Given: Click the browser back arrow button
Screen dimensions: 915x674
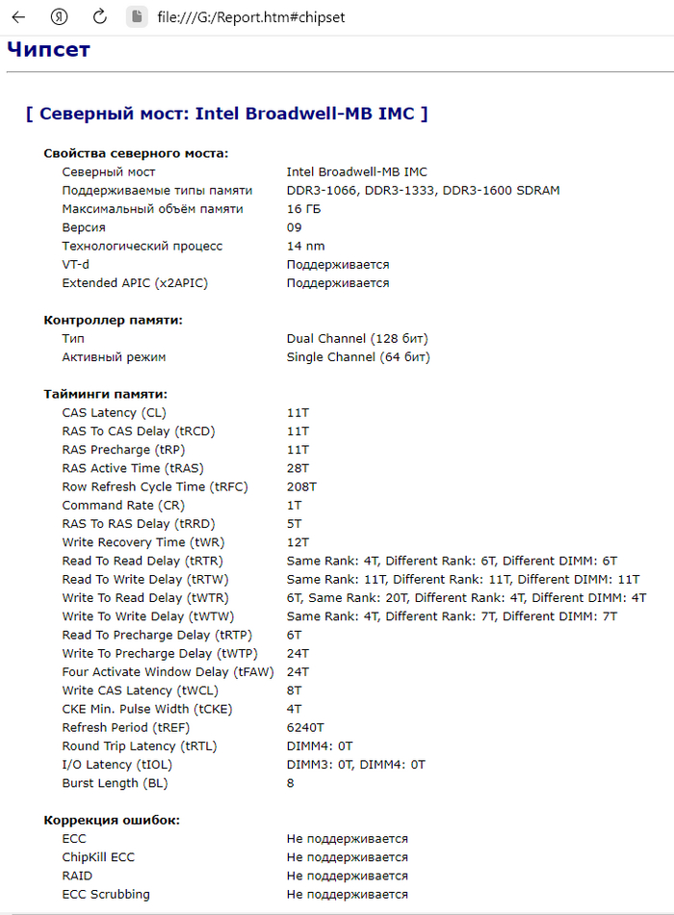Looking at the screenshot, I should pyautogui.click(x=18, y=17).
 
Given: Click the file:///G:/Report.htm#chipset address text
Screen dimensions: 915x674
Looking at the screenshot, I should pyautogui.click(x=250, y=17).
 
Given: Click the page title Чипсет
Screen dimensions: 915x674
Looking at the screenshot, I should pyautogui.click(x=48, y=49).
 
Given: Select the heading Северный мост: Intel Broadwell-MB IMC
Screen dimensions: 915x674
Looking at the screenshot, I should pyautogui.click(x=226, y=114).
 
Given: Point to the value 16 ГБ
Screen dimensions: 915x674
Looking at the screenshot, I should pyautogui.click(x=305, y=209).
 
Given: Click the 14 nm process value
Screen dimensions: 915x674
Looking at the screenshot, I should pyautogui.click(x=306, y=246).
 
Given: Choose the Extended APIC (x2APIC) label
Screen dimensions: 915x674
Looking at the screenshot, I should pyautogui.click(x=135, y=283).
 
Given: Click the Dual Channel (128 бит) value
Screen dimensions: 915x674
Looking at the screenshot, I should pyautogui.click(x=357, y=339).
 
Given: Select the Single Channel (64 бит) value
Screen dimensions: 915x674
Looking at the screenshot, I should pyautogui.click(x=358, y=357).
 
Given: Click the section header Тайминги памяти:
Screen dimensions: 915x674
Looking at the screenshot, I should pyautogui.click(x=105, y=394).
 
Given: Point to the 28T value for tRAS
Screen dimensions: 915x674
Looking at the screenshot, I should pyautogui.click(x=298, y=468).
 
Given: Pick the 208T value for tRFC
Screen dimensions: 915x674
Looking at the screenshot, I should pyautogui.click(x=301, y=486).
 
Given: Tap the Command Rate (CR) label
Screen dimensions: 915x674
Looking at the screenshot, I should pyautogui.click(x=123, y=505).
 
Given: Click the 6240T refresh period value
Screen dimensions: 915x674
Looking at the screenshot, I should pyautogui.click(x=305, y=727).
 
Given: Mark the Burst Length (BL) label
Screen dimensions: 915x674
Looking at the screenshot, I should pyautogui.click(x=115, y=783).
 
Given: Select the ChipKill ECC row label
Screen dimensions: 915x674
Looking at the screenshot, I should pyautogui.click(x=98, y=857).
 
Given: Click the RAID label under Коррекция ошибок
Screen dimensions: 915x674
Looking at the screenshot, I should pyautogui.click(x=77, y=876).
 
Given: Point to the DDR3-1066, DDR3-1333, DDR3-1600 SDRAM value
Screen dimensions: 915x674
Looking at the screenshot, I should pyautogui.click(x=423, y=191).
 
